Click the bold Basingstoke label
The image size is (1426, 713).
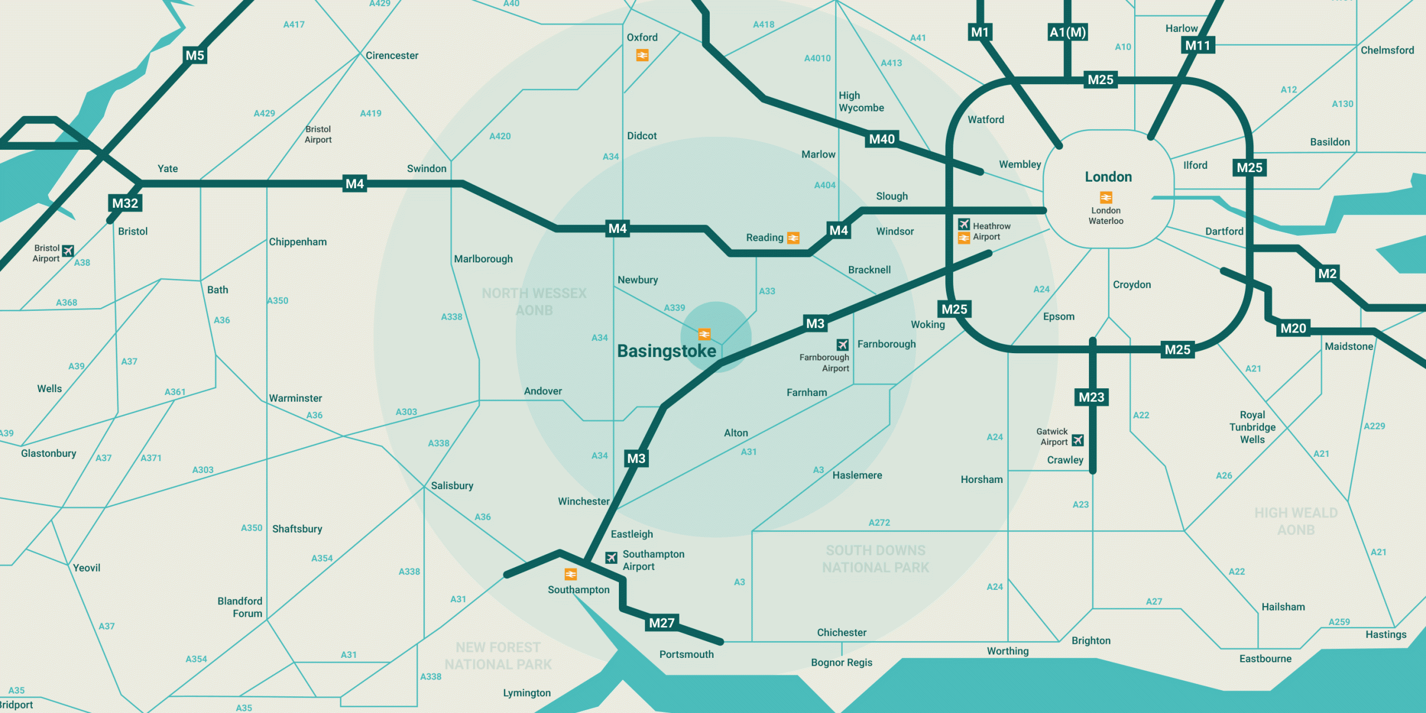(x=666, y=351)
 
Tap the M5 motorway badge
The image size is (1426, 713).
(x=195, y=56)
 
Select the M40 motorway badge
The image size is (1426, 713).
(x=882, y=139)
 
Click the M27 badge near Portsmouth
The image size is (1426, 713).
(x=662, y=623)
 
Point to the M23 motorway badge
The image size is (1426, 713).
(x=1091, y=397)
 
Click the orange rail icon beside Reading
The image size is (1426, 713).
(x=793, y=238)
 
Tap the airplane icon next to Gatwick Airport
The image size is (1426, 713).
(x=1078, y=440)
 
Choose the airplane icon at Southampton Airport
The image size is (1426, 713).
(x=611, y=558)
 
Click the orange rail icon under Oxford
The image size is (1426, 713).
(x=642, y=55)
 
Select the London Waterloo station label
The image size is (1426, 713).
(x=1106, y=216)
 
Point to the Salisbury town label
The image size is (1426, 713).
(x=452, y=486)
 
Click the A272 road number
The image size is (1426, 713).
(x=879, y=522)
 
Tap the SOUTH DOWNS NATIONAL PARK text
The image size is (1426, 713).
(x=876, y=559)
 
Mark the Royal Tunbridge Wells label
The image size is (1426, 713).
(x=1252, y=427)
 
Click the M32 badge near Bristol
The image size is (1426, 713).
(x=125, y=203)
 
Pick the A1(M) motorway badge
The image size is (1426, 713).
(x=1067, y=32)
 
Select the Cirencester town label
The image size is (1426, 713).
(x=392, y=56)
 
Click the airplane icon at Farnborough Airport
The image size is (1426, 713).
(x=843, y=345)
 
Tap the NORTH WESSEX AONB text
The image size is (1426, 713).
(x=534, y=301)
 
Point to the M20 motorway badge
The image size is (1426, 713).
(x=1293, y=329)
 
